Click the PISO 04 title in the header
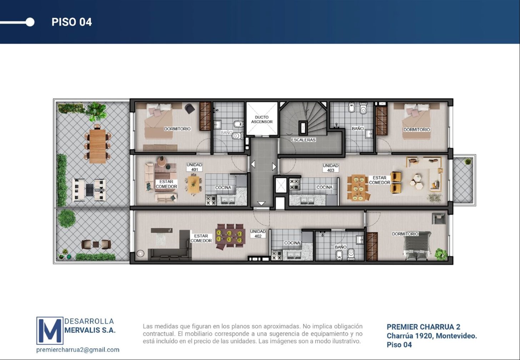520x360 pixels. pyautogui.click(x=72, y=22)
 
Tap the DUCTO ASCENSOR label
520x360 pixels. pyautogui.click(x=262, y=119)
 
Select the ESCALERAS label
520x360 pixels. pyautogui.click(x=303, y=140)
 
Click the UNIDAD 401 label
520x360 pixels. pyautogui.click(x=194, y=167)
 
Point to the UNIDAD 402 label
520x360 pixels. pyautogui.click(x=258, y=234)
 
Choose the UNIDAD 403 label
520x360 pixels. pyautogui.click(x=331, y=168)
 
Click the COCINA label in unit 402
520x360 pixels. pyautogui.click(x=292, y=243)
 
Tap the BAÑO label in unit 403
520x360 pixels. pyautogui.click(x=357, y=128)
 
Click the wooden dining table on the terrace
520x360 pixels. pyautogui.click(x=97, y=146)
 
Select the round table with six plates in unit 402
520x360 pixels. pyautogui.click(x=229, y=236)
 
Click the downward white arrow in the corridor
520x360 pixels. pyautogui.click(x=261, y=203)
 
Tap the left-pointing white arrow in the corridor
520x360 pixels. pyautogui.click(x=253, y=164)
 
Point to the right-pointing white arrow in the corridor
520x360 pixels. pyautogui.click(x=274, y=166)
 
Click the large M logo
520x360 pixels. pyautogui.click(x=50, y=330)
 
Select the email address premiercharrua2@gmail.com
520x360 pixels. pyautogui.click(x=78, y=350)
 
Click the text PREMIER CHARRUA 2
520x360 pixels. pyautogui.click(x=424, y=327)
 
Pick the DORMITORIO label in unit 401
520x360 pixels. pyautogui.click(x=177, y=129)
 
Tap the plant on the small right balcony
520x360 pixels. pyautogui.click(x=468, y=161)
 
